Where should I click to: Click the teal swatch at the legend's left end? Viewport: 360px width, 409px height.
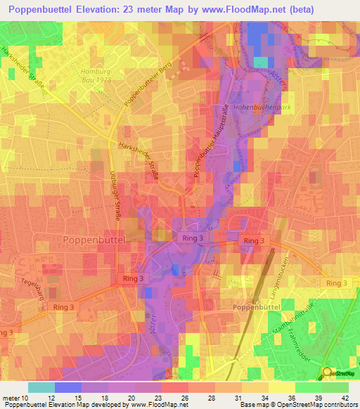point(41,387)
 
